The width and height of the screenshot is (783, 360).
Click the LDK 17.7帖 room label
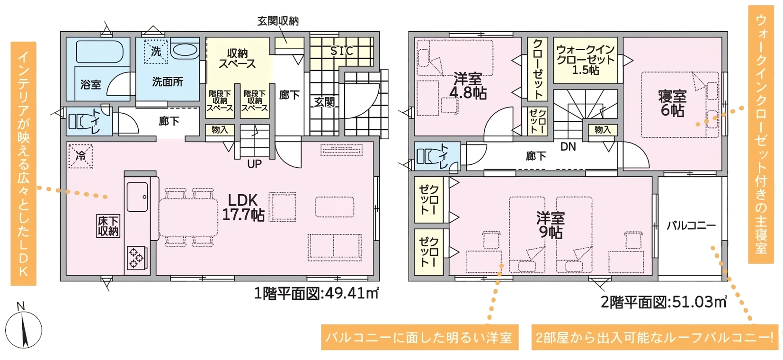point(243,207)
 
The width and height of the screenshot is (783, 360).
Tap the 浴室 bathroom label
point(90,84)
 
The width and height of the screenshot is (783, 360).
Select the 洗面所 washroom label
point(168,82)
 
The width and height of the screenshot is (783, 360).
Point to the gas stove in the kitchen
point(136,258)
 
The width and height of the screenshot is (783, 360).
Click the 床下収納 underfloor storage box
point(108,226)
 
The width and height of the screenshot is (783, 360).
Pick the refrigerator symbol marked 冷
point(80,155)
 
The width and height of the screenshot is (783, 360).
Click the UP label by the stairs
point(254,164)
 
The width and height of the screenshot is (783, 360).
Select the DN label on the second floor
point(568,147)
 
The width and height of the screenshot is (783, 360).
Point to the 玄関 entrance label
point(324,102)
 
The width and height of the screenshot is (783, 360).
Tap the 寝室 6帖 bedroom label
point(672,103)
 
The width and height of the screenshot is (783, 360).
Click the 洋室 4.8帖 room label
point(468,86)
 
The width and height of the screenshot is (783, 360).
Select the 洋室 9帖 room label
point(550,225)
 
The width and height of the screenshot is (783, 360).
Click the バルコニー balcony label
point(691,225)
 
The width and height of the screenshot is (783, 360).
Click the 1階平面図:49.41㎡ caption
point(316,294)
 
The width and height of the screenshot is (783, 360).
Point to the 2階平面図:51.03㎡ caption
point(663,302)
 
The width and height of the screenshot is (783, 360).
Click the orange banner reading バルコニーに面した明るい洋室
point(419,337)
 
